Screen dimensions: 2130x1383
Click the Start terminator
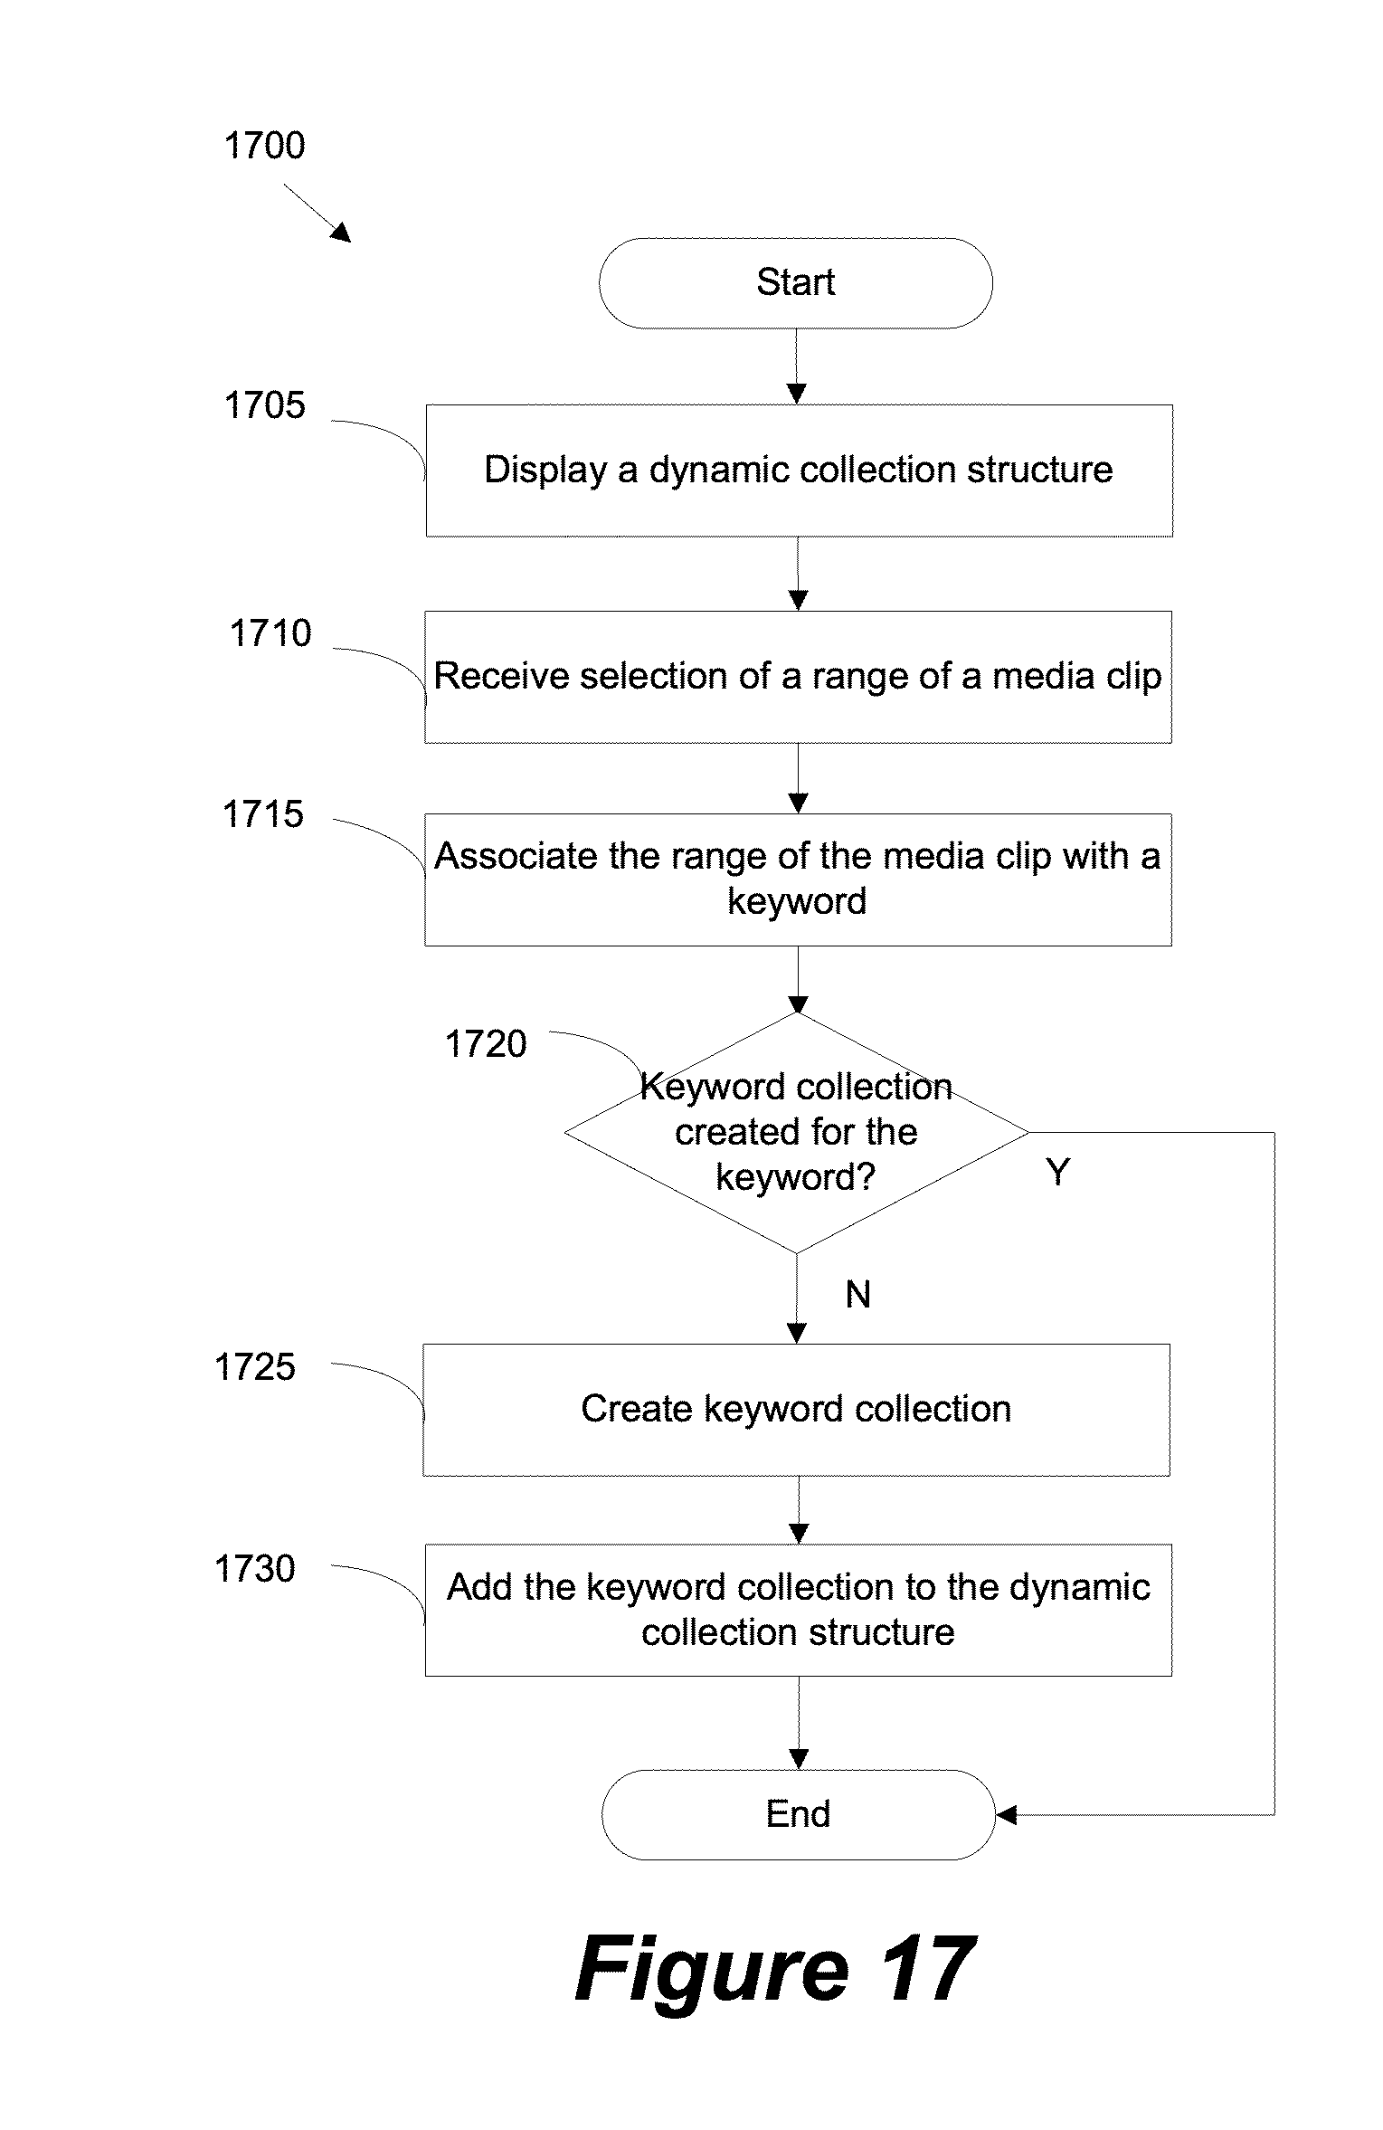click(x=795, y=283)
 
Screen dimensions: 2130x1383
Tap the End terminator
click(x=798, y=1814)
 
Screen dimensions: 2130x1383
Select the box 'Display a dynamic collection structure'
click(x=799, y=471)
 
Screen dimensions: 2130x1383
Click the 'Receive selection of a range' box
click(x=798, y=677)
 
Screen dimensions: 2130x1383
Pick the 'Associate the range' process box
click(x=798, y=879)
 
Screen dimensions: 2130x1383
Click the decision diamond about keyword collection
click(x=796, y=1132)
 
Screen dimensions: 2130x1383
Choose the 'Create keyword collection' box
click(x=796, y=1409)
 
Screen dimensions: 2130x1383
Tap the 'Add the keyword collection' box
click(x=798, y=1610)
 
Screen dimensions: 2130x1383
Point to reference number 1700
click(x=264, y=146)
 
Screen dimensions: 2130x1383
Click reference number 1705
click(x=264, y=405)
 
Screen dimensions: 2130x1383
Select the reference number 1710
click(x=270, y=633)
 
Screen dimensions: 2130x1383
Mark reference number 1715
click(x=262, y=814)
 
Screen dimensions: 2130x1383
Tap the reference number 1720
click(x=486, y=1044)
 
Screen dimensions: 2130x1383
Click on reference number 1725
click(x=254, y=1367)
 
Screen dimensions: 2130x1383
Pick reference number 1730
click(x=254, y=1568)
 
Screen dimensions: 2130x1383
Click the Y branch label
click(x=1057, y=1173)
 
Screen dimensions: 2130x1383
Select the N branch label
click(x=857, y=1295)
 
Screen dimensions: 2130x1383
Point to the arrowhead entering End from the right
click(x=1005, y=1814)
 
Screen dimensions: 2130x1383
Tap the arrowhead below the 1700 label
click(x=340, y=233)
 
